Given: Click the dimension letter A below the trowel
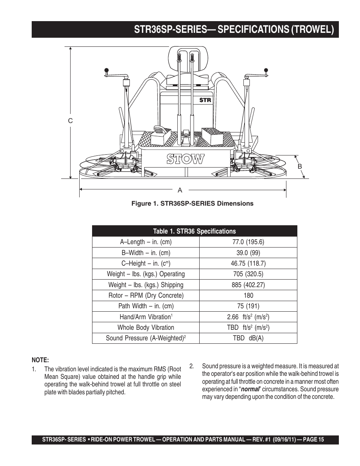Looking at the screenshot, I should coord(180,190).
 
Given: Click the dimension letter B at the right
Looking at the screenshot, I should coord(300,166).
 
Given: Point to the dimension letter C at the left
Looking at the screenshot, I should coord(70,121).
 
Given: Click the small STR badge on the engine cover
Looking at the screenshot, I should coord(205,100).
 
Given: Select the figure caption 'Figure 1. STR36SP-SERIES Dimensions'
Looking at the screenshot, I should coord(192,204).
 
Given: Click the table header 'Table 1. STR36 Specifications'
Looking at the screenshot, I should coord(194,231).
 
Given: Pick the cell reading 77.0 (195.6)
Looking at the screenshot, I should coord(248,242).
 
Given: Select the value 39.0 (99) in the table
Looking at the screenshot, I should coord(248,253).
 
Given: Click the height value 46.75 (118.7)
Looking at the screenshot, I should coord(248,263).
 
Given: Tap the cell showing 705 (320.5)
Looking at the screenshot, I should coord(248,274).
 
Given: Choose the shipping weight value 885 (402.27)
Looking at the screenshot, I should coord(248,285).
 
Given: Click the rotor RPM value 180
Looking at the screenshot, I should coord(248,295).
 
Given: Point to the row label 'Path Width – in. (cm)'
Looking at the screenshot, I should coord(146,306).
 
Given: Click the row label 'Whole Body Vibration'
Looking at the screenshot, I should coord(146,328).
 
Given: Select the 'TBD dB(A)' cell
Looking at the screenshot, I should coord(248,338).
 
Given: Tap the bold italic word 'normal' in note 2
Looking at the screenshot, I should coord(250,389).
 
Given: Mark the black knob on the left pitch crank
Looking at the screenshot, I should coord(107,70).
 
